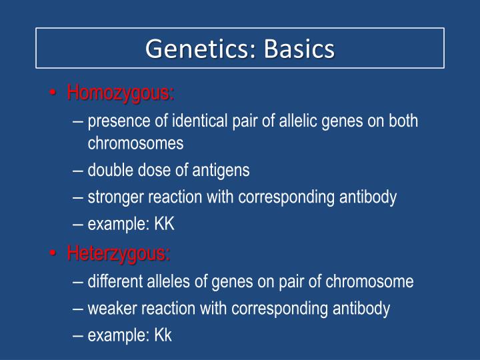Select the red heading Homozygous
pos(121,93)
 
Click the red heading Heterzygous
pos(119,253)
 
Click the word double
pos(110,170)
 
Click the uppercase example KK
pos(164,224)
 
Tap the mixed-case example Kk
pos(163,335)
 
